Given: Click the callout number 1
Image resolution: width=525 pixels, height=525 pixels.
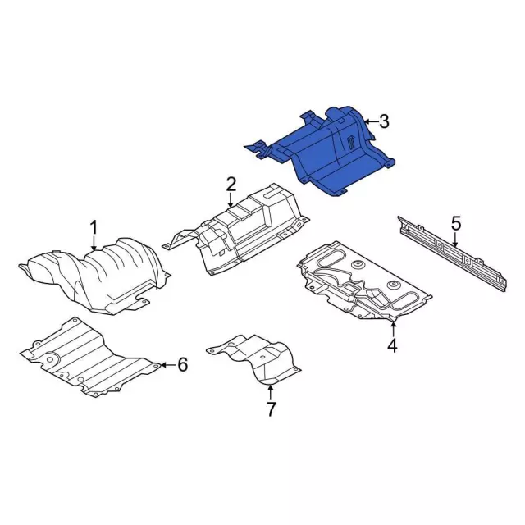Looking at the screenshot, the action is click(x=94, y=227).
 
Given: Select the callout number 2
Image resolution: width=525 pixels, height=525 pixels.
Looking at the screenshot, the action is click(x=231, y=184).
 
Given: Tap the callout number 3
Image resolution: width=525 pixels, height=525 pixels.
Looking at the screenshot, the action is click(x=384, y=121).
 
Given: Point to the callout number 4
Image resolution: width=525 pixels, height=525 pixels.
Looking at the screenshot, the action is click(x=392, y=345).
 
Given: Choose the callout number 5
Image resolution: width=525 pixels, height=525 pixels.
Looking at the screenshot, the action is click(x=456, y=223).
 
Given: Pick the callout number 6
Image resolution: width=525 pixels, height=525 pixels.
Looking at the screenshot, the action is click(x=182, y=364).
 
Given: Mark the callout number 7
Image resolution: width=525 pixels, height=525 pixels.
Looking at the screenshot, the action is click(x=271, y=409).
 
